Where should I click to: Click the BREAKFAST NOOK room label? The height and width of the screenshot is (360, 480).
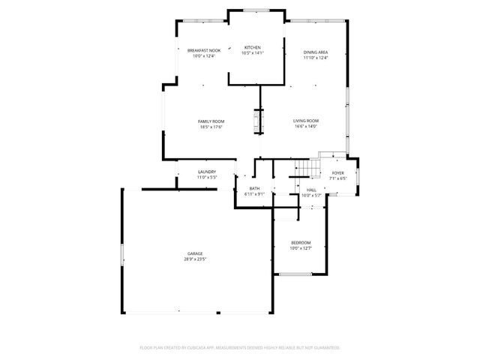tap(204, 50)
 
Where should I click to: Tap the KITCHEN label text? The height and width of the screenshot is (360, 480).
tap(252, 47)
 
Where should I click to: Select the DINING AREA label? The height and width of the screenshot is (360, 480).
tap(316, 52)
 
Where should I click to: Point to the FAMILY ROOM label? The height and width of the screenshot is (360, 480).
tap(211, 121)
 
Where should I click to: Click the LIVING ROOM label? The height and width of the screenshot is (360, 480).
tap(306, 121)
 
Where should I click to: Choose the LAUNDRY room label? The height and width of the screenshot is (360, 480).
tap(207, 172)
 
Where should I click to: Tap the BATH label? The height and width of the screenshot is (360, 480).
tap(255, 188)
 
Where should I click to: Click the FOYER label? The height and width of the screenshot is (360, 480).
tap(338, 173)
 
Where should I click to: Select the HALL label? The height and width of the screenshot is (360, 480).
tap(311, 190)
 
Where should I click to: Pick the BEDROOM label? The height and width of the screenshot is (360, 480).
tap(301, 242)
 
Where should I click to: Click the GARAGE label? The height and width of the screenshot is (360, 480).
tap(195, 253)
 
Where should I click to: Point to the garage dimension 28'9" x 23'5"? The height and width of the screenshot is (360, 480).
tap(195, 259)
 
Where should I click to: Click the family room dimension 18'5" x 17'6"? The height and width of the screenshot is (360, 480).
tap(211, 127)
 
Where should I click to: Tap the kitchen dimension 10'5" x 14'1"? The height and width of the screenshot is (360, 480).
tap(252, 52)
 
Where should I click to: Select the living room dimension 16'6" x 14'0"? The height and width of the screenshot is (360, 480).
tap(306, 126)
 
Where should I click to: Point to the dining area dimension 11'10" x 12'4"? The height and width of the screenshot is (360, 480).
tap(316, 58)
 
